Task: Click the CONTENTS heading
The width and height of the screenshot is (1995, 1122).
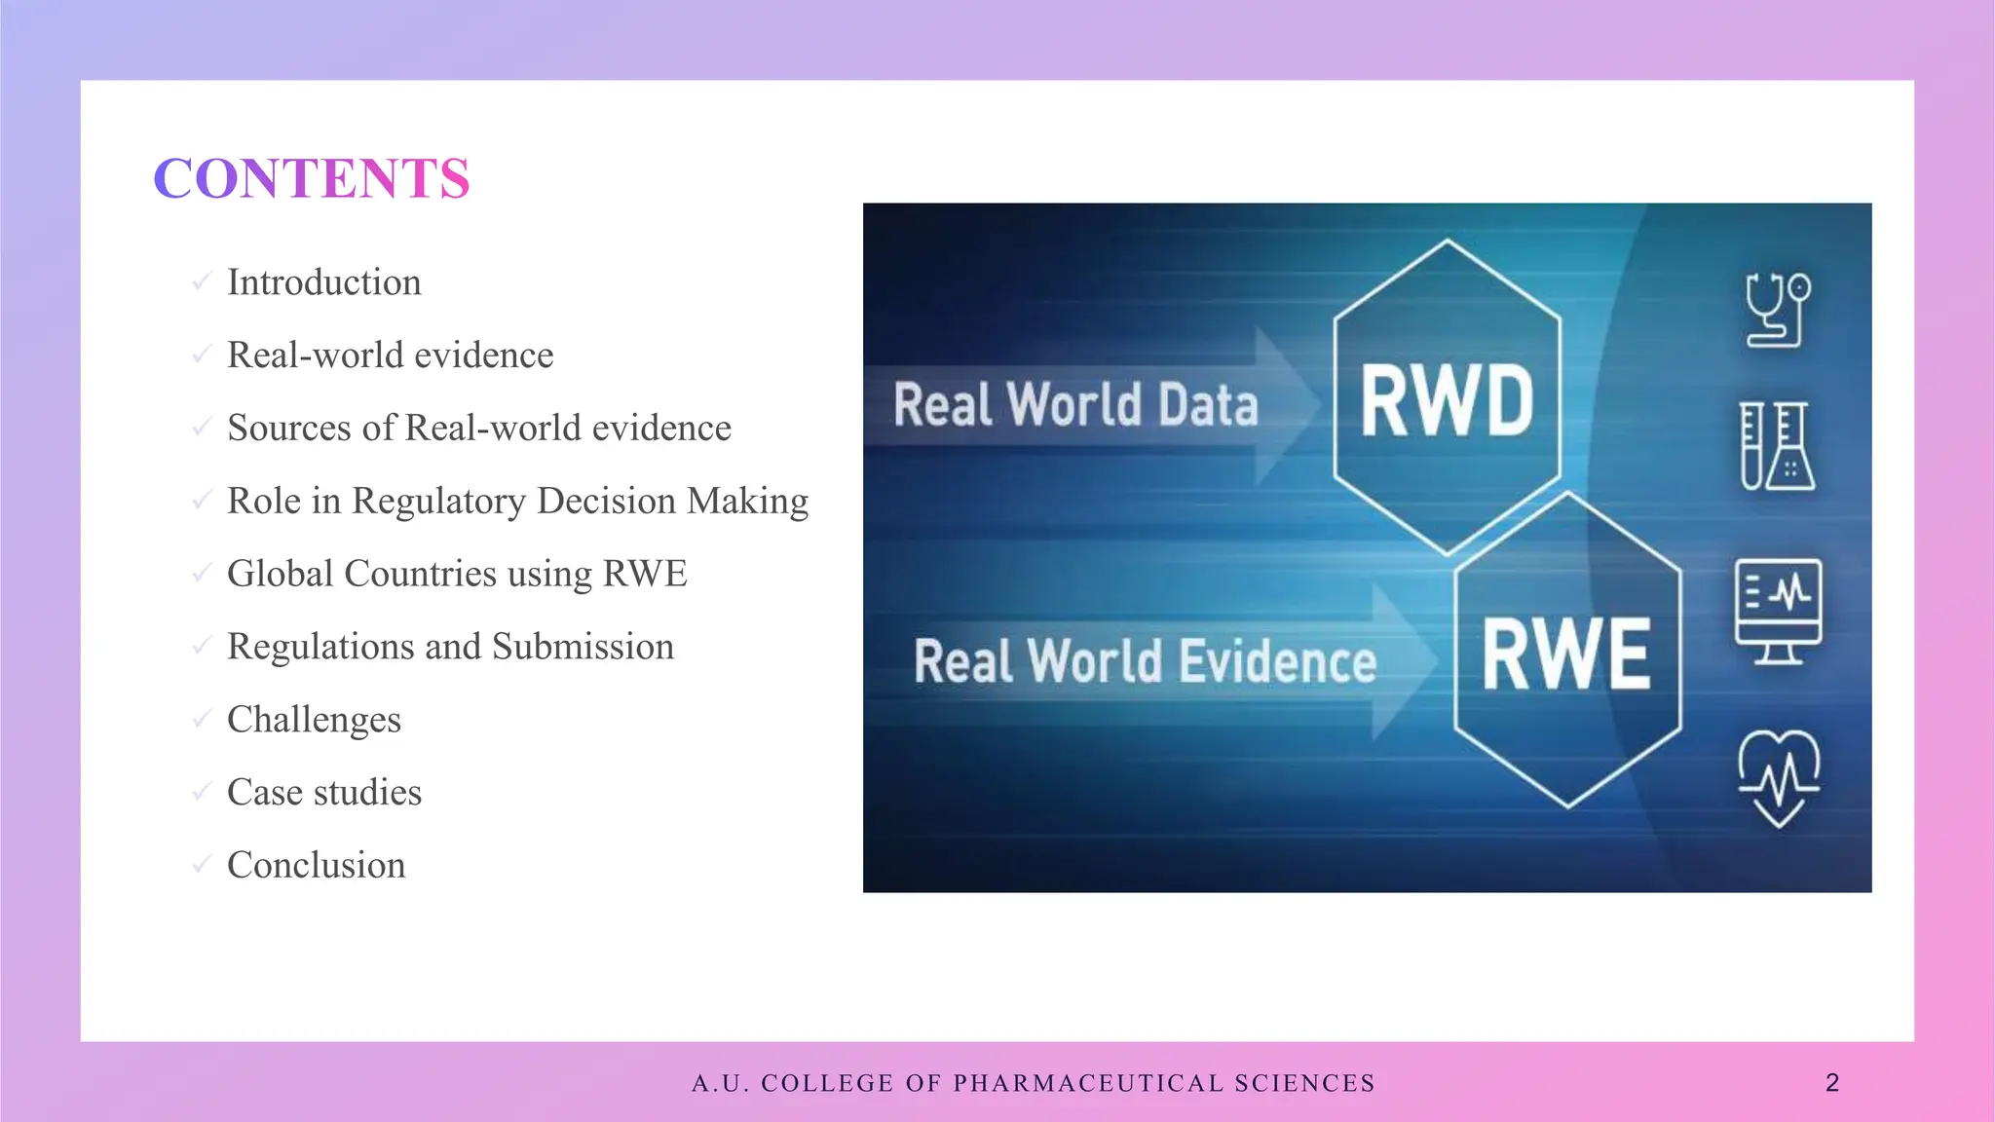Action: click(x=312, y=179)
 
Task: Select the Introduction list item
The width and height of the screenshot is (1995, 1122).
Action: click(x=323, y=282)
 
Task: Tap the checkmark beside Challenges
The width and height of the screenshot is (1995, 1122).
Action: click(x=202, y=719)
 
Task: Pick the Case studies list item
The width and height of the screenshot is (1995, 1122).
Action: click(x=323, y=793)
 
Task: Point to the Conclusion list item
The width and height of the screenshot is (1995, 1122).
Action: click(x=316, y=866)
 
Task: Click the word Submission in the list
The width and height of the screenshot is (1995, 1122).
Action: click(x=583, y=647)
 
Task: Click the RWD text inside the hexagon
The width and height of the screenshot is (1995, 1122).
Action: click(x=1447, y=400)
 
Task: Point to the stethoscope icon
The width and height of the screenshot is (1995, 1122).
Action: click(x=1777, y=310)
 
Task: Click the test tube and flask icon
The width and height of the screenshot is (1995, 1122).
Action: click(x=1777, y=446)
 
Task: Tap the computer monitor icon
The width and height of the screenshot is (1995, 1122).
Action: click(x=1778, y=611)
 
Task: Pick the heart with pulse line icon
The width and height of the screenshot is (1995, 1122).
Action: click(x=1779, y=778)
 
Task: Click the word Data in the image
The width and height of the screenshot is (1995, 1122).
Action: click(x=1208, y=405)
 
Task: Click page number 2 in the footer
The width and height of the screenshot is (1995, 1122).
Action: click(x=1831, y=1083)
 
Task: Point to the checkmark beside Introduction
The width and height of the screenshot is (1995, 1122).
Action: click(x=202, y=281)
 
